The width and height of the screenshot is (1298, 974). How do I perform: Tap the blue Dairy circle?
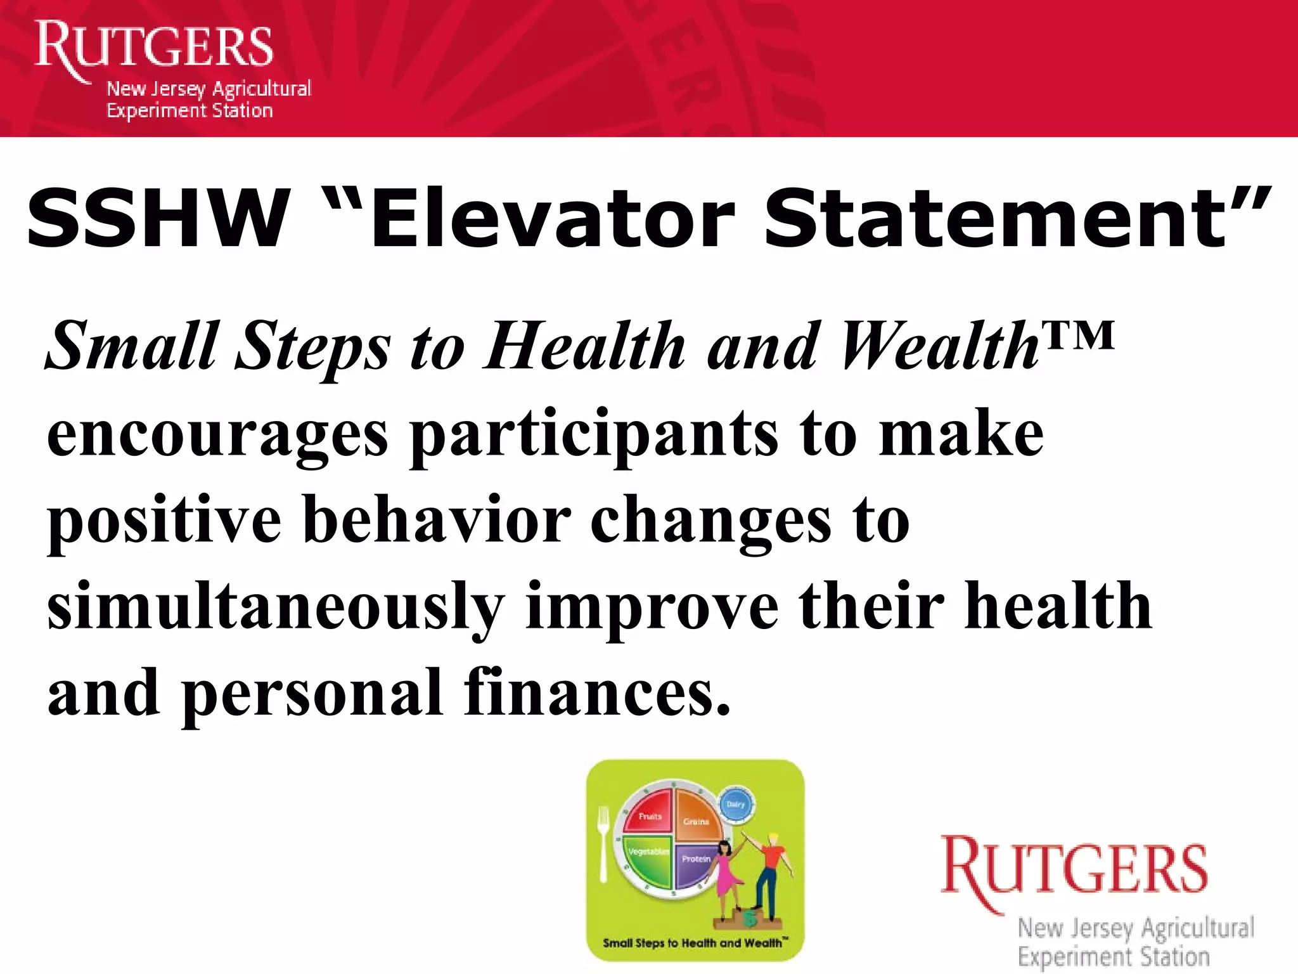(x=736, y=804)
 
